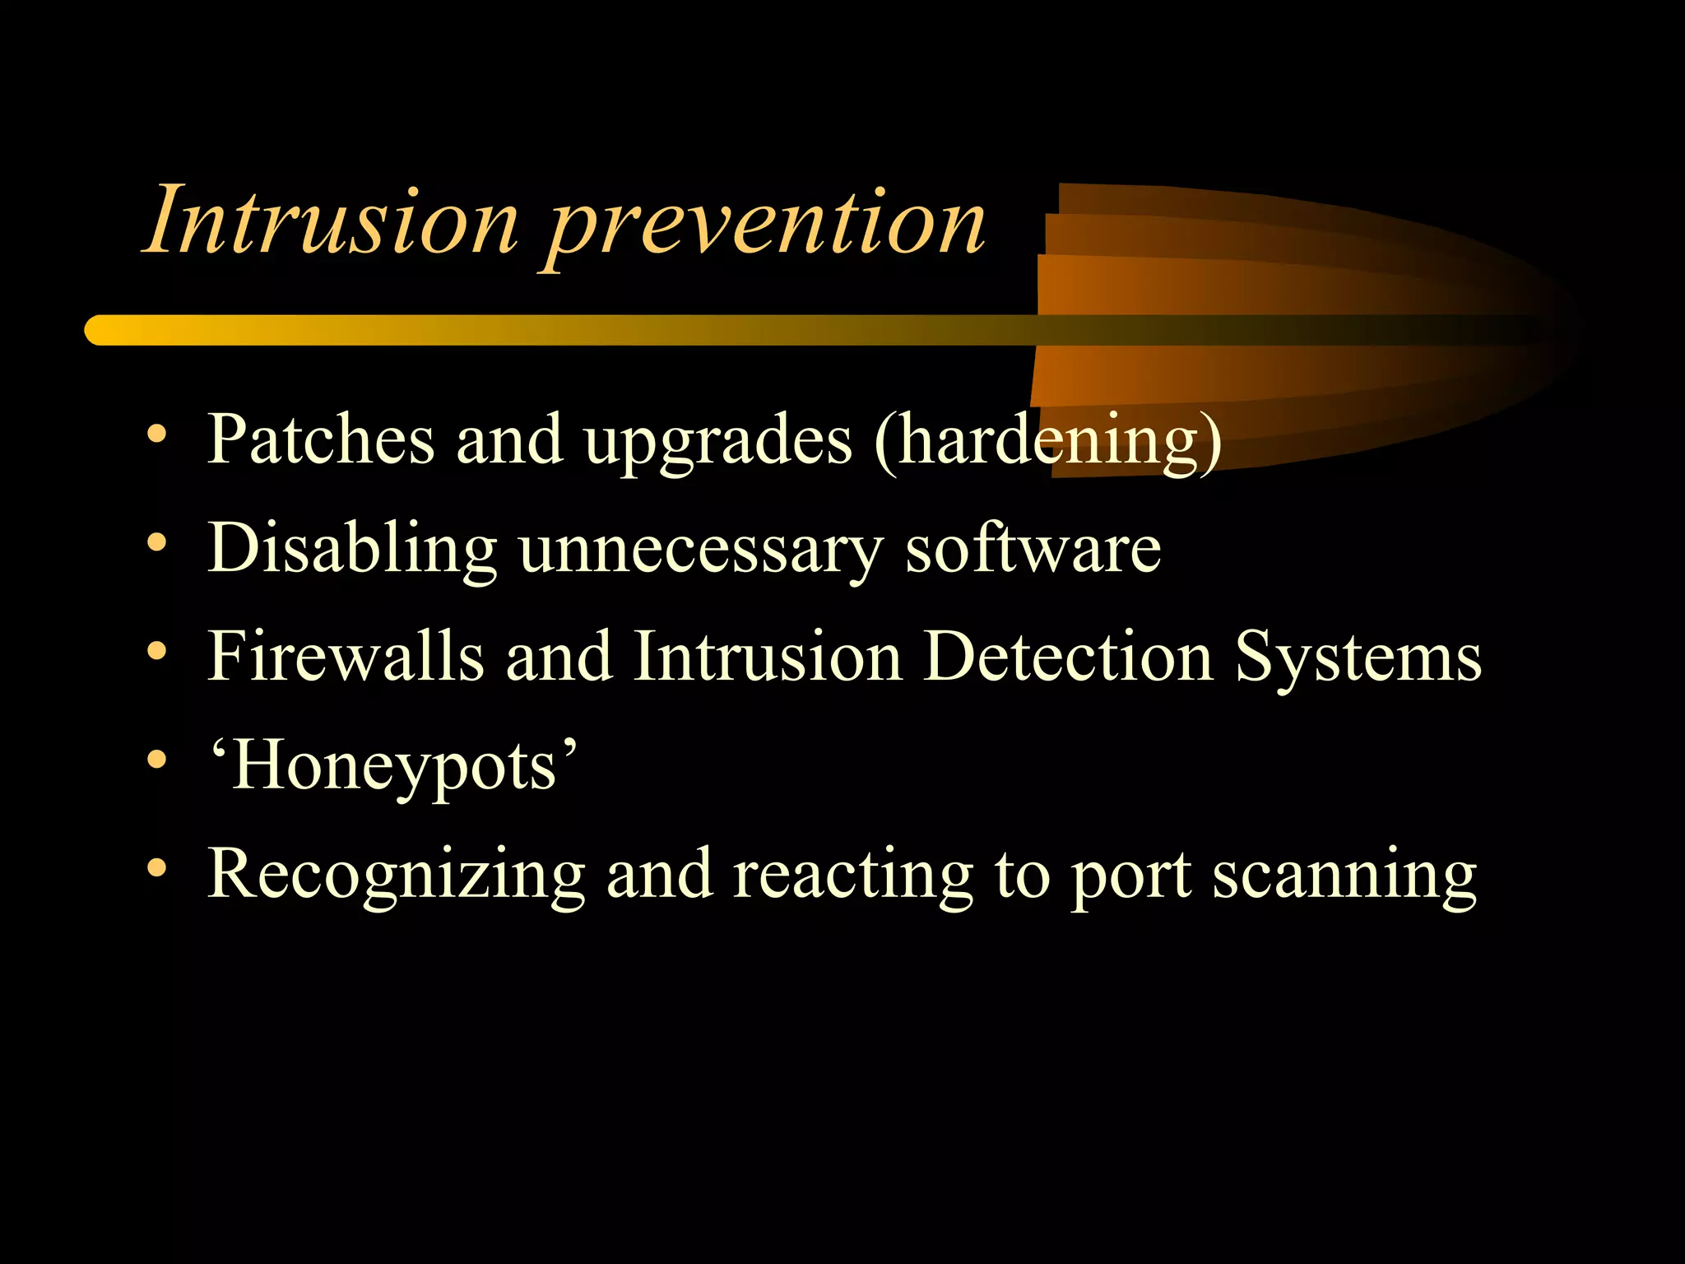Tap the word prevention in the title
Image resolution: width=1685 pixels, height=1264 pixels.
point(765,226)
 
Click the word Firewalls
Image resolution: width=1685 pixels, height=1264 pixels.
point(346,656)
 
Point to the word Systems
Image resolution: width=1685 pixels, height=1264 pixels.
point(1358,658)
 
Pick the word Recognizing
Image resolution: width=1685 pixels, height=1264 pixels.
point(396,875)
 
